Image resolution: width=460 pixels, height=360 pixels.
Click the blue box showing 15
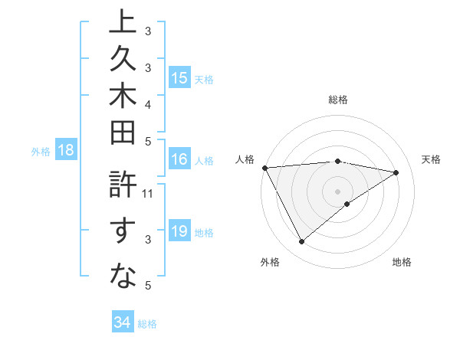(x=179, y=77)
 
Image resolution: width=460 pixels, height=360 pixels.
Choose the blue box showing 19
(x=179, y=231)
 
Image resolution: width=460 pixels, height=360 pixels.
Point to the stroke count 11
(x=148, y=193)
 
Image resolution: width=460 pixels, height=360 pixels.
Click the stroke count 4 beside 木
(x=147, y=103)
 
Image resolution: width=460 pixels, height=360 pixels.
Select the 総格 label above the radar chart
(x=338, y=100)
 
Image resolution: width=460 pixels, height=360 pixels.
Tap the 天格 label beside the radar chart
(x=431, y=159)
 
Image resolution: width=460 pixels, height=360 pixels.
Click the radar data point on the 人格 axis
(x=264, y=168)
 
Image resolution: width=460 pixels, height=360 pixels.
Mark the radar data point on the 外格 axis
(x=301, y=242)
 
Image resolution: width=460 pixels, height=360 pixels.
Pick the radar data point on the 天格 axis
(x=396, y=172)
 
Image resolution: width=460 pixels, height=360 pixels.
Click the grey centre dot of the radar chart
(x=338, y=191)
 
